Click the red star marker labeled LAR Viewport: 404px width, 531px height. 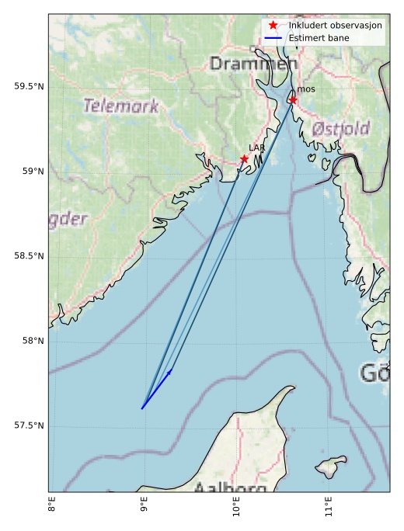[244, 159]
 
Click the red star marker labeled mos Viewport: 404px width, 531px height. [293, 99]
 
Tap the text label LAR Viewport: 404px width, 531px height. [256, 147]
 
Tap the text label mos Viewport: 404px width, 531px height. [306, 90]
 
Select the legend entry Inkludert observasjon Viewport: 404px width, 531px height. [335, 26]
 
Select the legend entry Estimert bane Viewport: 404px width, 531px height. [319, 38]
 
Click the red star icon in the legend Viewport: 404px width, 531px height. [273, 26]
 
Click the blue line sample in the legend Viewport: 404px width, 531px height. [273, 38]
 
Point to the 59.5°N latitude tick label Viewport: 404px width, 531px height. [29, 86]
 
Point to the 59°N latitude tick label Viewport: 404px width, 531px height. [32, 171]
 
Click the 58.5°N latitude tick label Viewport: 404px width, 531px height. [29, 255]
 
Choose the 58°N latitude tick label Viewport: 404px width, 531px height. [32, 340]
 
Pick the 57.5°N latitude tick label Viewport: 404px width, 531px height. [29, 425]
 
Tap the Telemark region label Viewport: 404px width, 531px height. [121, 106]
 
